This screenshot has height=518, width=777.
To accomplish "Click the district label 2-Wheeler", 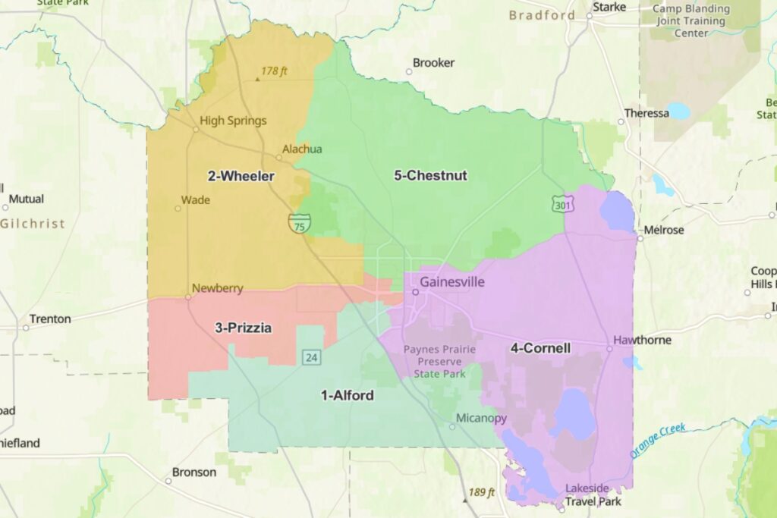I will point(241,176).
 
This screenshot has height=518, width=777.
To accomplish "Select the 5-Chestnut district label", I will point(430,176).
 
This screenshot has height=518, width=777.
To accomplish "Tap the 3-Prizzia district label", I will point(243,328).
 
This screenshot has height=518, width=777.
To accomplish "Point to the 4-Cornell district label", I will point(540,348).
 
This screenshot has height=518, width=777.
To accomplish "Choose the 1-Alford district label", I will point(348,395).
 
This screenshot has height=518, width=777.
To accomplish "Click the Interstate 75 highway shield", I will point(299,223).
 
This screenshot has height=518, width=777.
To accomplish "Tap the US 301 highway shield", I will point(563,203).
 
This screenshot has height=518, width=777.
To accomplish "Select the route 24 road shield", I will point(310,356).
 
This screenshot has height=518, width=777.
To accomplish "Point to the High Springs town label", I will point(233,121).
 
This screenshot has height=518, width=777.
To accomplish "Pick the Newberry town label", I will point(217,288).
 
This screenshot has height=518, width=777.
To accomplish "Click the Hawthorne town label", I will point(643,340).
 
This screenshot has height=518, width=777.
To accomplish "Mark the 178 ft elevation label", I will point(274,71).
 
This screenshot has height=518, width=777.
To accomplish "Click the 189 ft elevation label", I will point(481,492).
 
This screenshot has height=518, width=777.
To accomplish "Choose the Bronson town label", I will point(193,472).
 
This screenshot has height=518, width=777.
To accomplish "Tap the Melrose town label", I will point(663,230).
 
